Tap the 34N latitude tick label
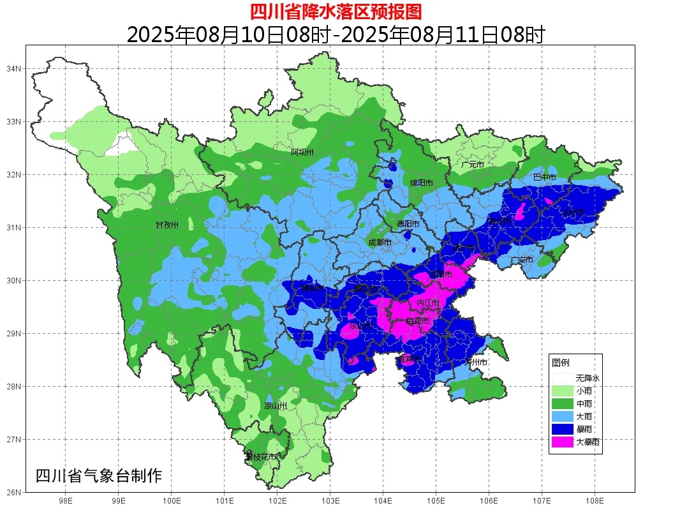pyautogui.click(x=15, y=68)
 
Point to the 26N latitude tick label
pyautogui.click(x=15, y=492)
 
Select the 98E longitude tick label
pyautogui.click(x=65, y=501)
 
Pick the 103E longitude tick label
pyautogui.click(x=330, y=501)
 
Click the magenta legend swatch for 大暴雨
pyautogui.click(x=562, y=441)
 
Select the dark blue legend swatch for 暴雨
pyautogui.click(x=562, y=428)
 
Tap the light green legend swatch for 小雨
pyautogui.click(x=562, y=391)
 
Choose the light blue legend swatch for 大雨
pyautogui.click(x=562, y=416)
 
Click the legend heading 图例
pyautogui.click(x=561, y=363)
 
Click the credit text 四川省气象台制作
pyautogui.click(x=99, y=476)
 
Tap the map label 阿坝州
pyautogui.click(x=302, y=152)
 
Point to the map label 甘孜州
pyautogui.click(x=167, y=225)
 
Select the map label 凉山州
pyautogui.click(x=276, y=406)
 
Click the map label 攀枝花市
pyautogui.click(x=262, y=457)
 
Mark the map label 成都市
pyautogui.click(x=380, y=243)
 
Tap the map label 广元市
pyautogui.click(x=473, y=165)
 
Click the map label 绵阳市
pyautogui.click(x=421, y=183)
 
